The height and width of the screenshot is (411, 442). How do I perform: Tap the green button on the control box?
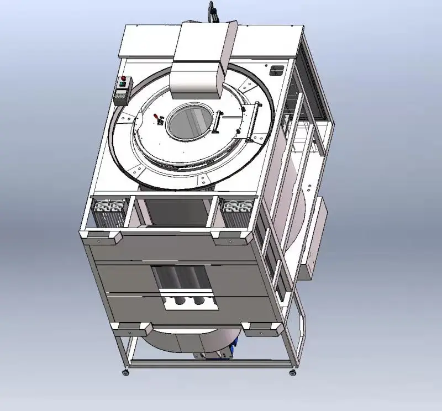tap(123, 85)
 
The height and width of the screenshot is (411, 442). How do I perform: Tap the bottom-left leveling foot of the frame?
tap(126, 374)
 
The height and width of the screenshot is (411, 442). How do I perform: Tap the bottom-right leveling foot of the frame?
tap(292, 373)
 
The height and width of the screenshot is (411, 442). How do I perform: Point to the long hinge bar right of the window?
tap(220, 123)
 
